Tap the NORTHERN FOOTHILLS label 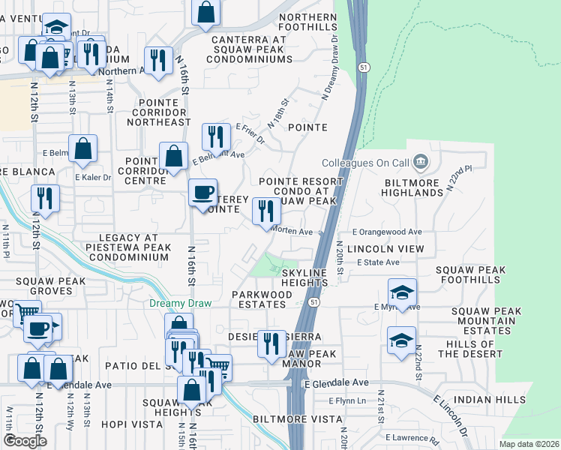(x=307, y=22)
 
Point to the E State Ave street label (x=379, y=262)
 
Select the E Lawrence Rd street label (x=412, y=437)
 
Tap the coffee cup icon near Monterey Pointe (x=202, y=193)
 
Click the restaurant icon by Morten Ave (x=265, y=212)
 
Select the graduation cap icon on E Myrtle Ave (x=402, y=293)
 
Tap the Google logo (x=25, y=441)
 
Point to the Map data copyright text (x=529, y=444)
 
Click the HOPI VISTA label (x=136, y=424)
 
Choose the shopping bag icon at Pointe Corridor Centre (x=174, y=157)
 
